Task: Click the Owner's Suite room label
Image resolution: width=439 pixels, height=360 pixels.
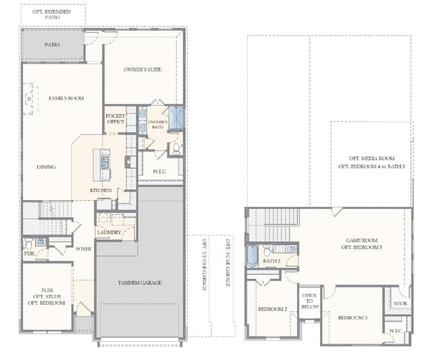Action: pyautogui.click(x=142, y=70)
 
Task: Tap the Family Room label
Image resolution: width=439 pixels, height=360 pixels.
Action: pyautogui.click(x=66, y=98)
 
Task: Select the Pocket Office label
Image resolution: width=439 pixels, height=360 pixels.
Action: pyautogui.click(x=115, y=119)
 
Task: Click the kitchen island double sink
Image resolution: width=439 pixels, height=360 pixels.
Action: pyautogui.click(x=105, y=162)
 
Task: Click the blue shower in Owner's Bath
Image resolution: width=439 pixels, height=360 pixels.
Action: pyautogui.click(x=176, y=118)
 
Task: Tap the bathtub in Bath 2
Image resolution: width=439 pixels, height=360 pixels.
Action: pyautogui.click(x=252, y=256)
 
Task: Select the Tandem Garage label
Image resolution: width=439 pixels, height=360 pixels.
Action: pyautogui.click(x=140, y=282)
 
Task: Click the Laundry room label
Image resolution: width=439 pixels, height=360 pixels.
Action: pyautogui.click(x=109, y=232)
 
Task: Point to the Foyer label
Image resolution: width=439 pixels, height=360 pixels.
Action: pyautogui.click(x=83, y=249)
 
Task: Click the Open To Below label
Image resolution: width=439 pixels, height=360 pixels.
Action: pyautogui.click(x=310, y=301)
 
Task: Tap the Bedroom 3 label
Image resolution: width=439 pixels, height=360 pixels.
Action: pyautogui.click(x=353, y=318)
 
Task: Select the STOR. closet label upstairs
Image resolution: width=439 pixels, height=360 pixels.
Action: pyautogui.click(x=401, y=303)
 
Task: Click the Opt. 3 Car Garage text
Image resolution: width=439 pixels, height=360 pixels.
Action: pyautogui.click(x=228, y=263)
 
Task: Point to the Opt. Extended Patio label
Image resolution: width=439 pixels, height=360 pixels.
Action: pyautogui.click(x=52, y=14)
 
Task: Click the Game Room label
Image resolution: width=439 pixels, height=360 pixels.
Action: pyautogui.click(x=361, y=240)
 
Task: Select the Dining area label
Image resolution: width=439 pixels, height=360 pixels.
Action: pyautogui.click(x=46, y=167)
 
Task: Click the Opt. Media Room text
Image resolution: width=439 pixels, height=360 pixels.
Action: pyautogui.click(x=372, y=158)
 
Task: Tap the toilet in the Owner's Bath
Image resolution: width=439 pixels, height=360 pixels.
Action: pyautogui.click(x=176, y=149)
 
